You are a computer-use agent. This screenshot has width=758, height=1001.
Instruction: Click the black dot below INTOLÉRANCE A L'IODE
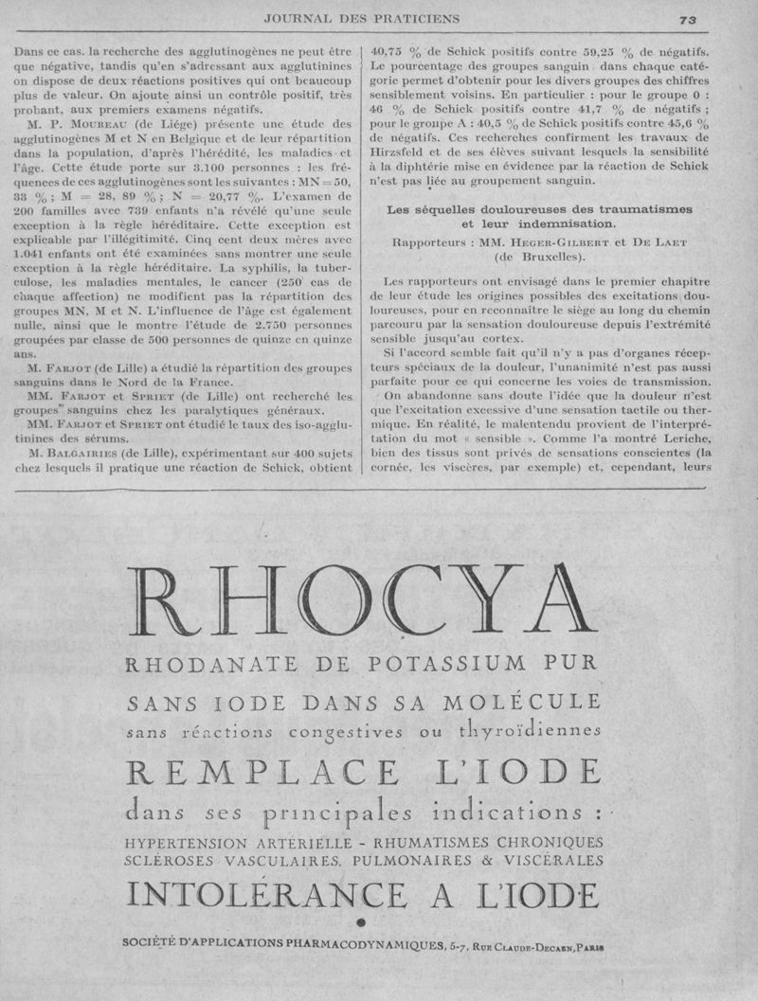(x=360, y=921)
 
